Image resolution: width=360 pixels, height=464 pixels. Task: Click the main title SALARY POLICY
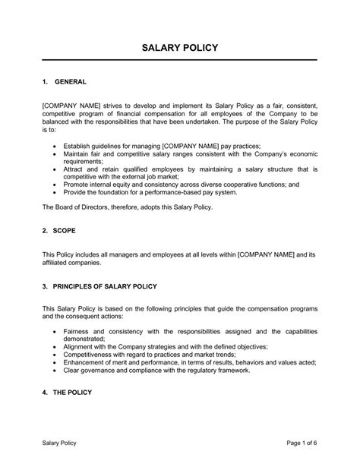pos(180,49)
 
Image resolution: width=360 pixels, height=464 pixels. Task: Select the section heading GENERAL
pos(72,80)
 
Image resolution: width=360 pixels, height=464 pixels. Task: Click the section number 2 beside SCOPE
pos(44,228)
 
